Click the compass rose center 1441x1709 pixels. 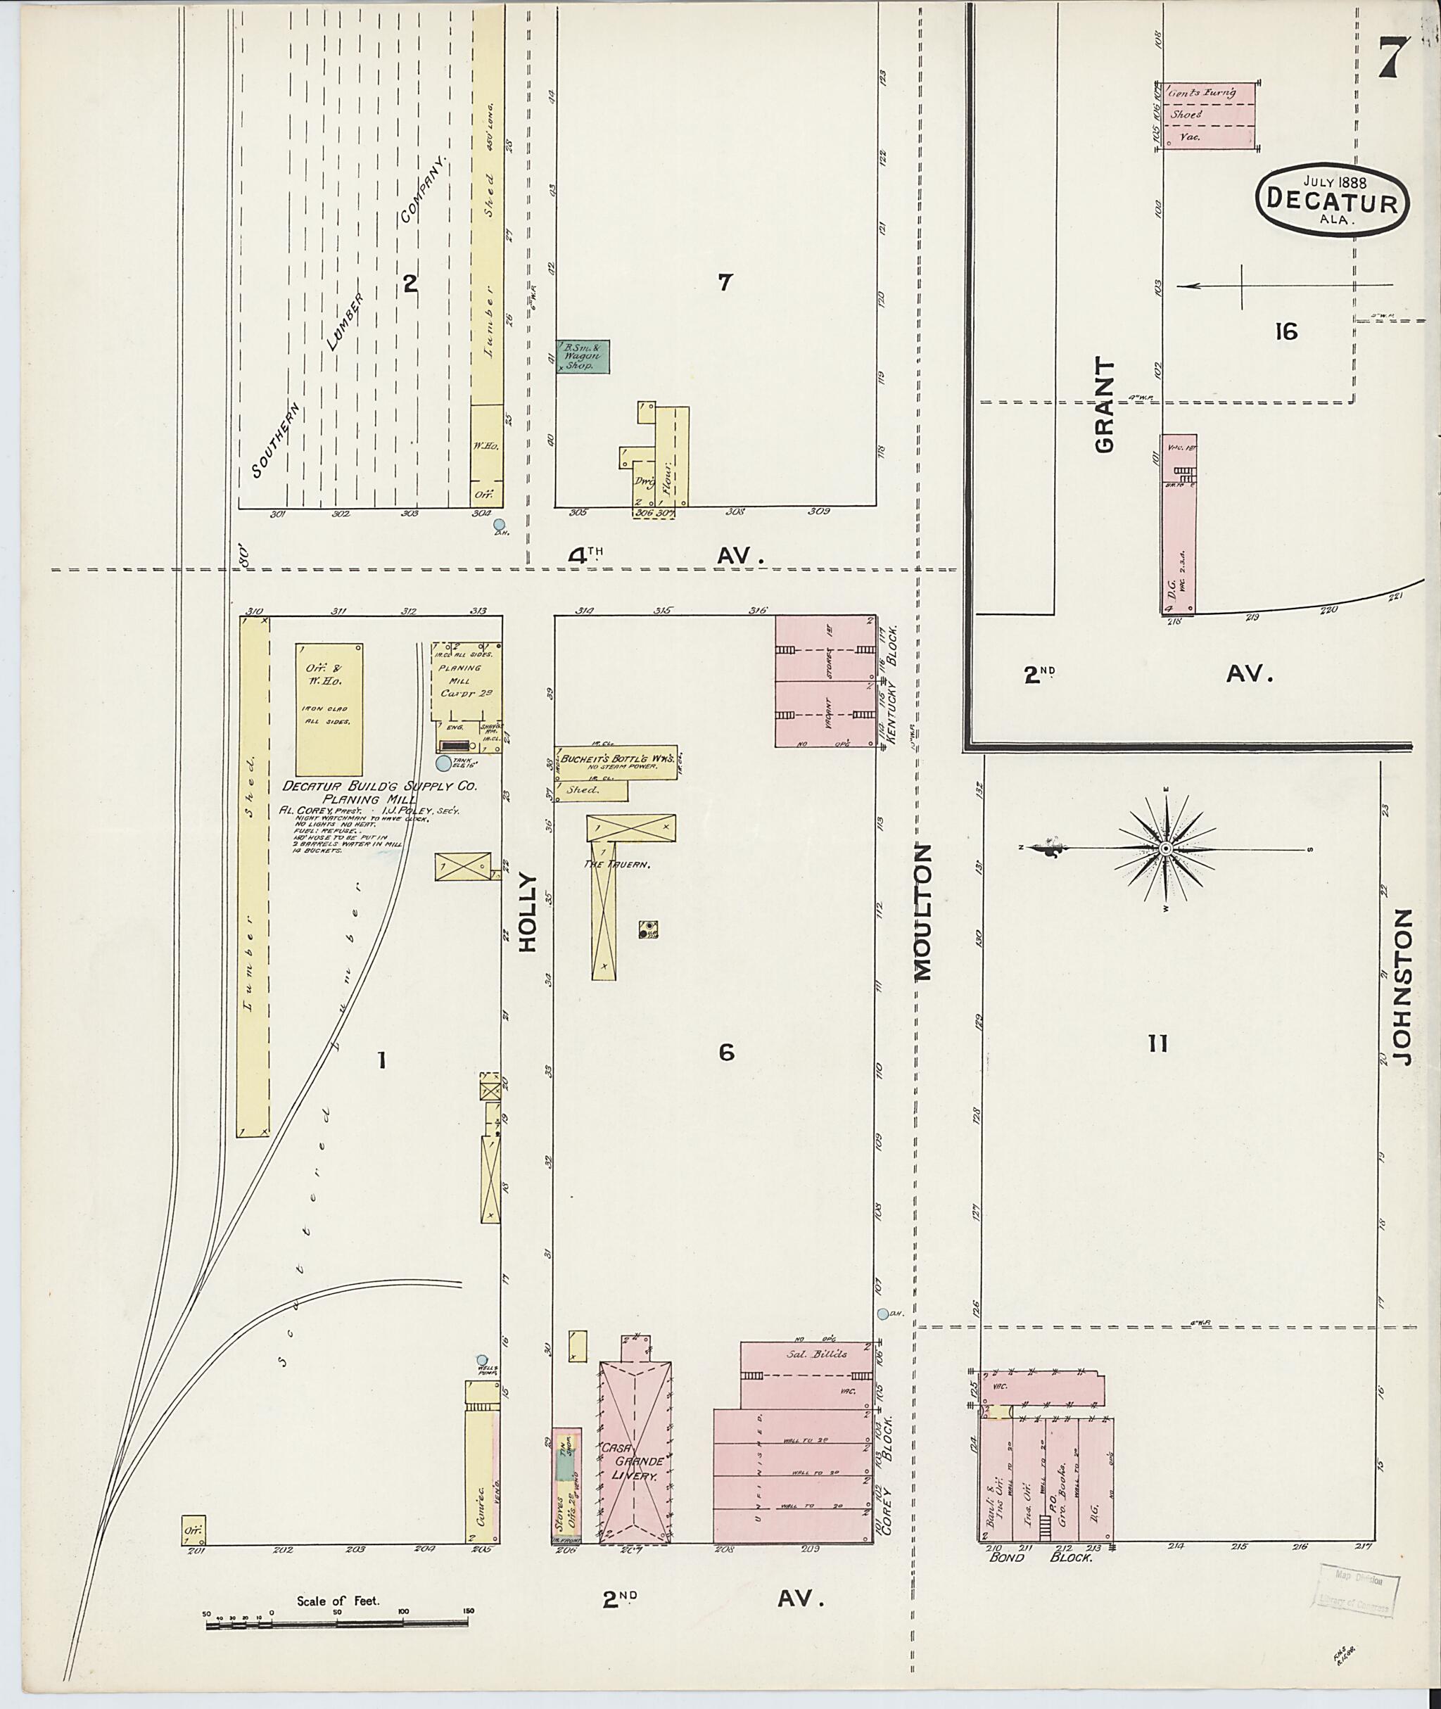(1166, 850)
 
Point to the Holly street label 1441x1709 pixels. (528, 912)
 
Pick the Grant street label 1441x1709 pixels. (1105, 405)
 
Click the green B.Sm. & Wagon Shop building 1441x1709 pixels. (583, 357)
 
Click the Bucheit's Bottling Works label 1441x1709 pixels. (618, 758)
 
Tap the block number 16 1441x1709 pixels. (1286, 331)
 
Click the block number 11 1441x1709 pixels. (1157, 1043)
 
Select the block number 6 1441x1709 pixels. (726, 1053)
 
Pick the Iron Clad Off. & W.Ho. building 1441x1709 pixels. (329, 709)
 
